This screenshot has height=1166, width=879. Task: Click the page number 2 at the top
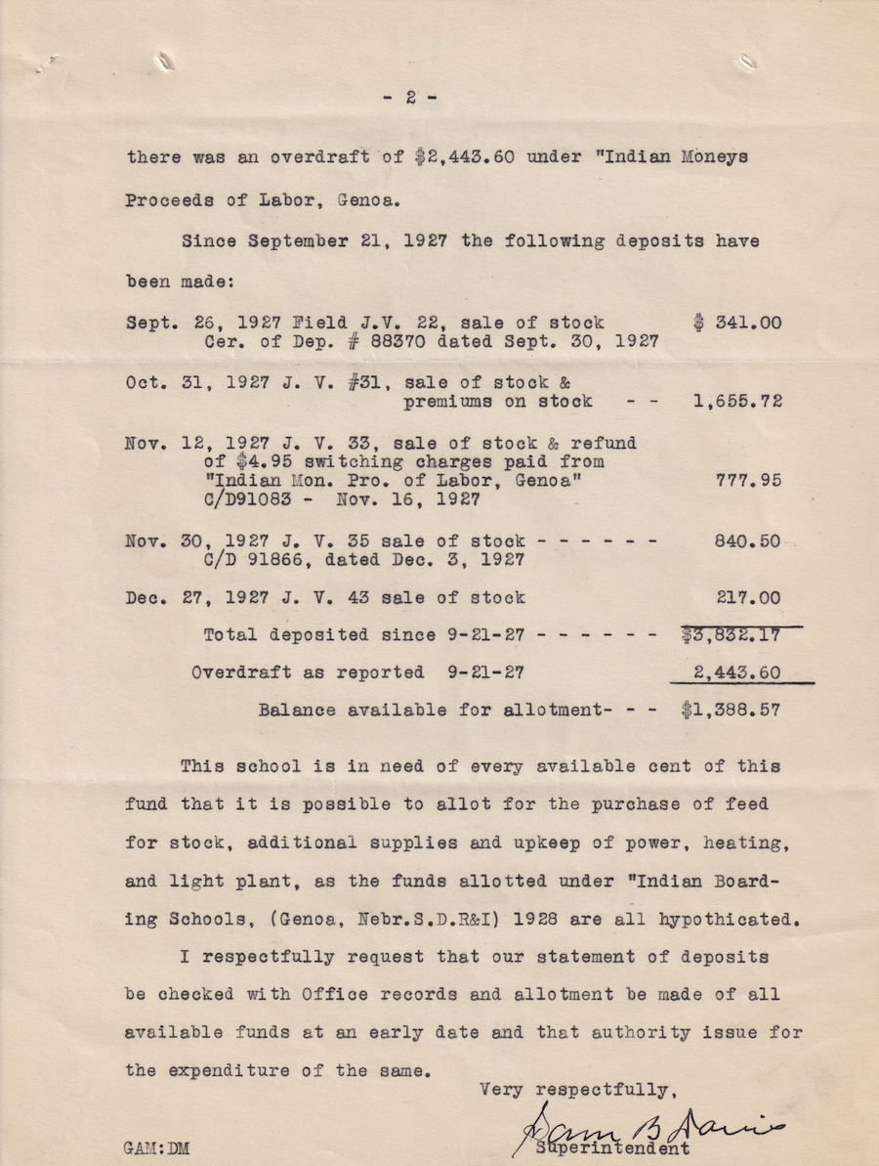[x=411, y=97]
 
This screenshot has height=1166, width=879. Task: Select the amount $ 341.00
[x=737, y=323]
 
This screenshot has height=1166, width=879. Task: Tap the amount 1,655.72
[x=737, y=402]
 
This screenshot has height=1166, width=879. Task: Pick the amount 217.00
[x=749, y=597]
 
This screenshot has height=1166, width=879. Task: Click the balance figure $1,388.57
[x=732, y=711]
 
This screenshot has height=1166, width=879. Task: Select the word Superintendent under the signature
[x=613, y=1148]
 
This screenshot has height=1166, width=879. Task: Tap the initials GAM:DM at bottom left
[x=157, y=1149]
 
